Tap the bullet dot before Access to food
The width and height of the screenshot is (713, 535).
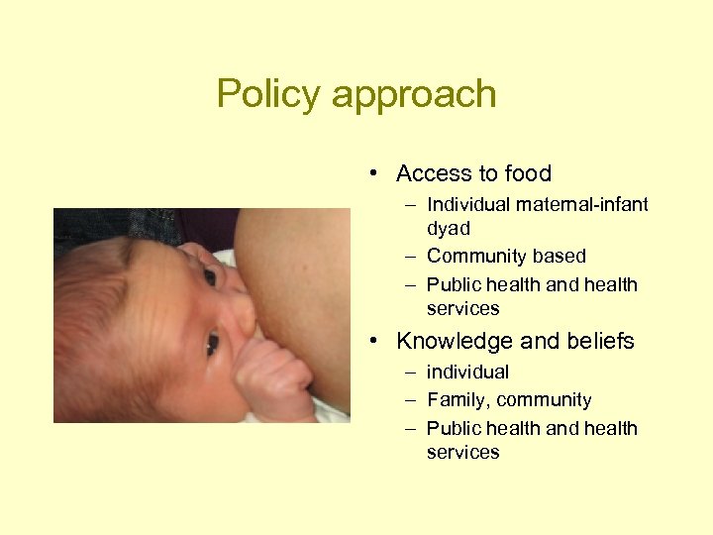369,174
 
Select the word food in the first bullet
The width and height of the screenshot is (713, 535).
526,173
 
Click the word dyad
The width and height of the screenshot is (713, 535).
448,228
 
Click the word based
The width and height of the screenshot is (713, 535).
560,257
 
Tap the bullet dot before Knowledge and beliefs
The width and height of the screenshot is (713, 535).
369,342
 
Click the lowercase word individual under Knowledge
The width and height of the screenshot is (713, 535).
467,373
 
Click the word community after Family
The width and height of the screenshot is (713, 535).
544,400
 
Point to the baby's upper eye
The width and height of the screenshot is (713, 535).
210,276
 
